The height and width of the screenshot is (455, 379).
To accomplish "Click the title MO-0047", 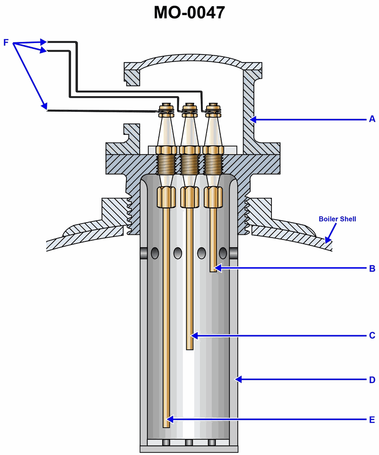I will click(189, 12).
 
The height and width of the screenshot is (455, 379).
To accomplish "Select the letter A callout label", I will click(372, 119).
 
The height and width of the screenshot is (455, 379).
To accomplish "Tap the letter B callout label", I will click(372, 268).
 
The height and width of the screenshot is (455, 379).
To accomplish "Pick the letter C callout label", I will click(372, 336).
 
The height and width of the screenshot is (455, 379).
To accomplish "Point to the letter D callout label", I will click(372, 380).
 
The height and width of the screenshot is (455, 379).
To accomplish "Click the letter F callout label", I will click(6, 43).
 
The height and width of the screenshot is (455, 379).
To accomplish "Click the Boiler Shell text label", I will click(337, 219).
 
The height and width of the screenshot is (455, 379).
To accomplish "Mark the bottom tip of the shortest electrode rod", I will click(213, 270).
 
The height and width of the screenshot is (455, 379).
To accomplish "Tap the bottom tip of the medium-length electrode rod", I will click(189, 348).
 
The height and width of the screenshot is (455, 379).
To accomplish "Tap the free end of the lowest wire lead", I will click(48, 110).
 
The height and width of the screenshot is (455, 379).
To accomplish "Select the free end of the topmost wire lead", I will click(48, 41).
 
